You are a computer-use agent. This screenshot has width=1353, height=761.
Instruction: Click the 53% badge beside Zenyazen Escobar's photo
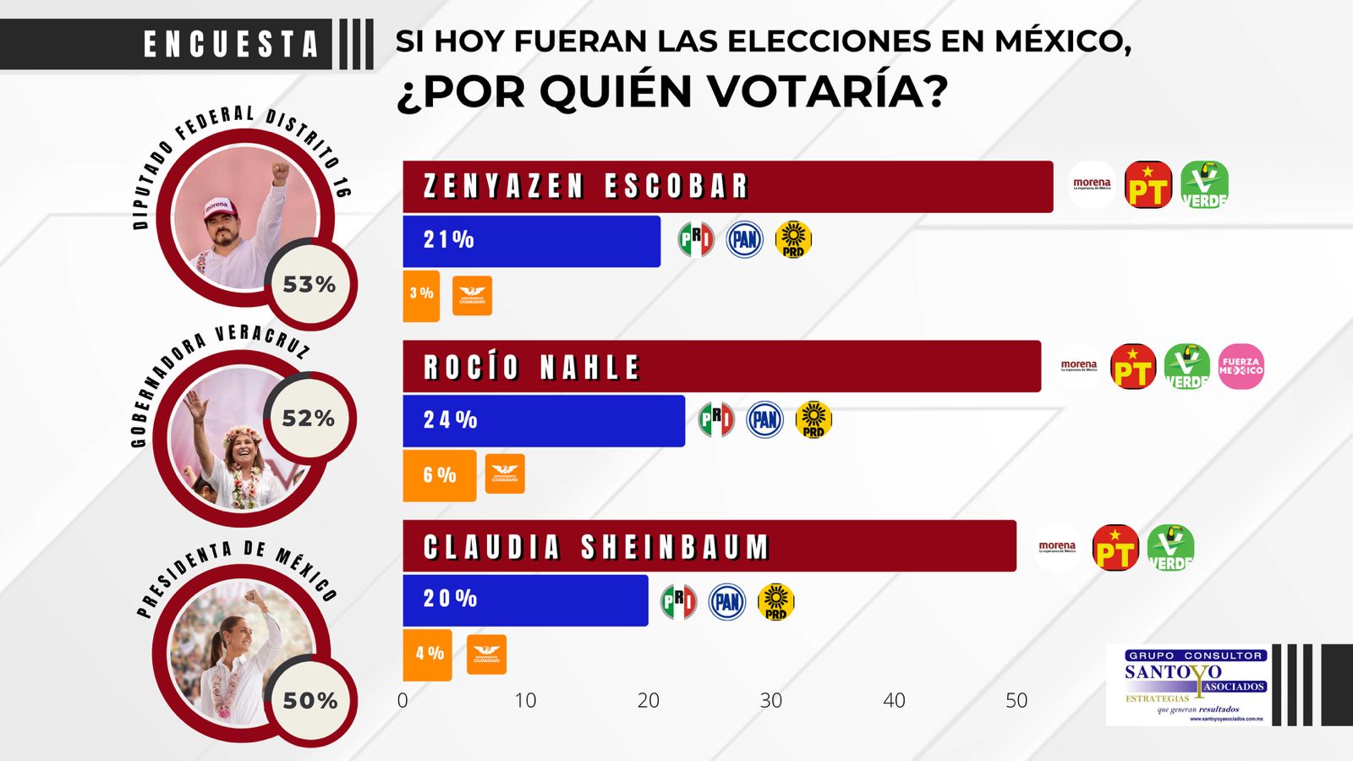(309, 285)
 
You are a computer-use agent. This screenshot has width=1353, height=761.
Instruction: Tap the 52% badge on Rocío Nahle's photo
(309, 418)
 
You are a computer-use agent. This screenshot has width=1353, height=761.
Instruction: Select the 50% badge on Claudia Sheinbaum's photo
(310, 700)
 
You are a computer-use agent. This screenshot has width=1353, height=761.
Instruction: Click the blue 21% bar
(531, 241)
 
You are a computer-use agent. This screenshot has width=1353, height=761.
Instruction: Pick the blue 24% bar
(543, 420)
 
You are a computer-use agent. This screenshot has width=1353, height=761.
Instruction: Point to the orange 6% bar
(439, 475)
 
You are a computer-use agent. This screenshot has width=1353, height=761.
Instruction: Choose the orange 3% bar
(421, 295)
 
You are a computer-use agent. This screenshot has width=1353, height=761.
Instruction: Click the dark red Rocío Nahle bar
(720, 366)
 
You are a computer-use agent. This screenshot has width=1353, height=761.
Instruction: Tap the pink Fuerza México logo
(1241, 366)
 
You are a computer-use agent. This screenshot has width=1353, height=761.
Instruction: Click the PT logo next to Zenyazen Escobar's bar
(1148, 185)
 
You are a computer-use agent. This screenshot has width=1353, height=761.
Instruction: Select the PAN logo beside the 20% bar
(726, 602)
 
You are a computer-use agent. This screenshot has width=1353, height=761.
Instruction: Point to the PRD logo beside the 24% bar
(813, 419)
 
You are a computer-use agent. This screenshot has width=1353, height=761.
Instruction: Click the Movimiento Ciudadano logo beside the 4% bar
(486, 654)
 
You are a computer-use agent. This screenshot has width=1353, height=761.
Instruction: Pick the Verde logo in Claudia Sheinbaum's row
(1170, 547)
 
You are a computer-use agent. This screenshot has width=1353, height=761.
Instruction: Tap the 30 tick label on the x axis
(770, 700)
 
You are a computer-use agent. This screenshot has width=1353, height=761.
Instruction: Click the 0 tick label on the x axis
(403, 700)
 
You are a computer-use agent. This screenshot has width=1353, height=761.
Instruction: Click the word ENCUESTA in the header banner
(230, 44)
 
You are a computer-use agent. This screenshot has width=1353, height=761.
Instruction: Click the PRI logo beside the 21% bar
(695, 239)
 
